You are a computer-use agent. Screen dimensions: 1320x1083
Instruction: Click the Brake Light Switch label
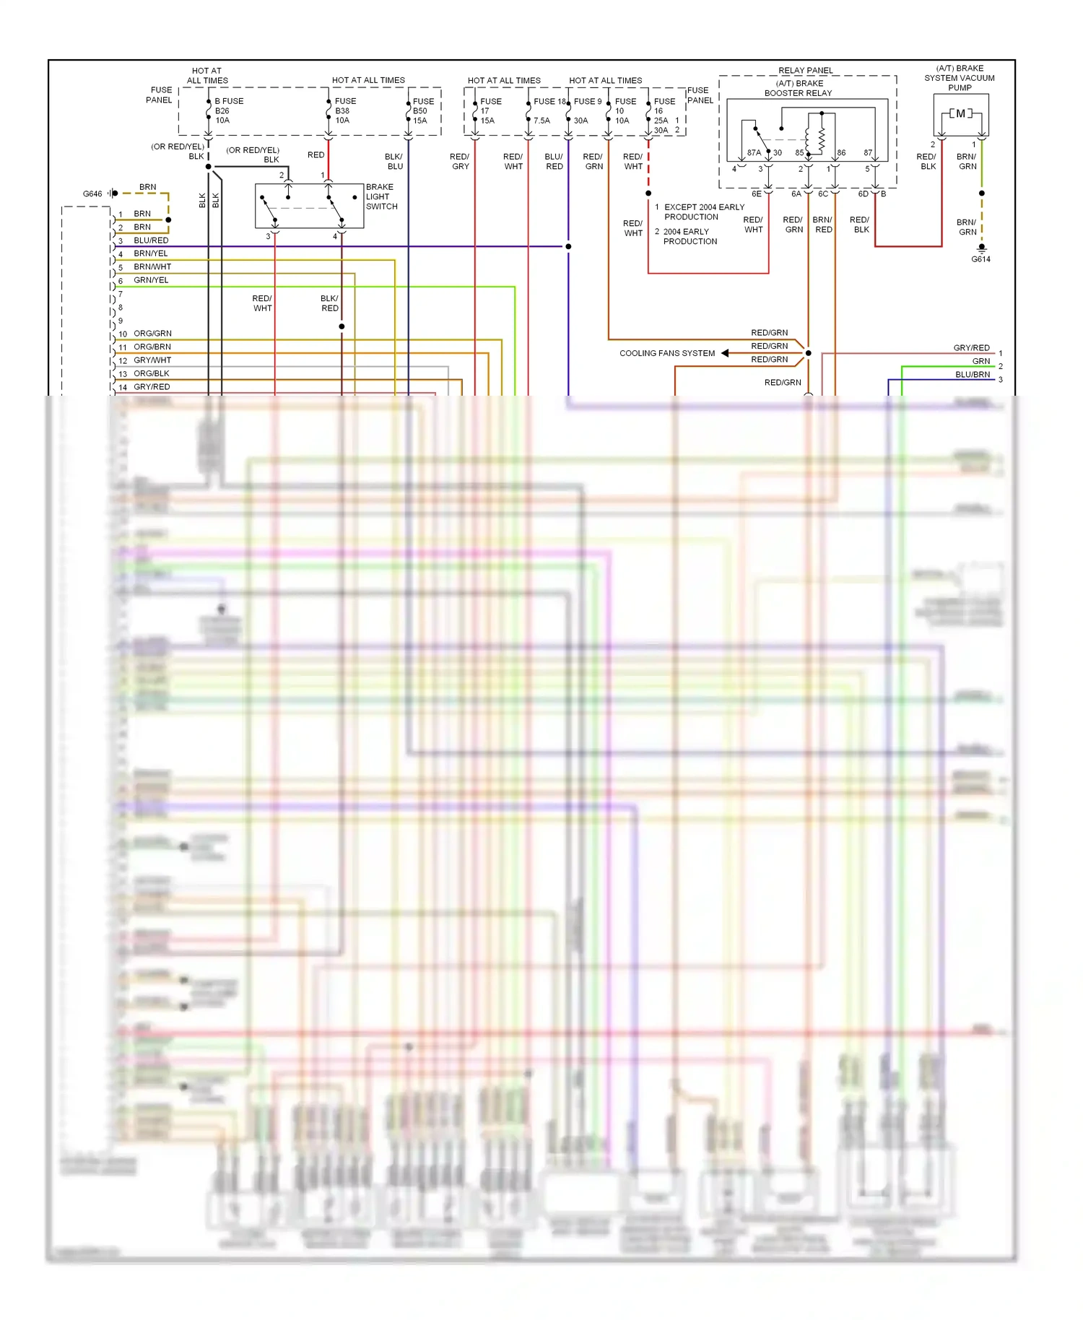[x=380, y=196]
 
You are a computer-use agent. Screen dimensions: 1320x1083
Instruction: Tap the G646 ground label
[x=92, y=194]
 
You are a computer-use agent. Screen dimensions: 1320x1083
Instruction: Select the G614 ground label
[x=980, y=259]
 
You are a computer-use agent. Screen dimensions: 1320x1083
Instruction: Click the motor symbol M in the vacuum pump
[x=960, y=113]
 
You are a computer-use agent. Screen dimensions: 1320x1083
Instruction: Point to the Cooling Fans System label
[x=667, y=353]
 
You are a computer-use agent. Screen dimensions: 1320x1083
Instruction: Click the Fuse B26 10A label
[x=228, y=110]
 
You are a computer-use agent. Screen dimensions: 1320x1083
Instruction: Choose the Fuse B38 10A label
[x=345, y=110]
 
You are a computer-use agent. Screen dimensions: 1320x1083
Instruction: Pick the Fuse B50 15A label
[x=423, y=110]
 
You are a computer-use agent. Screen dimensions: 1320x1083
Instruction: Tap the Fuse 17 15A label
[x=490, y=110]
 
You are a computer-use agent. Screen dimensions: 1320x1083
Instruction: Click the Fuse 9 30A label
[x=586, y=110]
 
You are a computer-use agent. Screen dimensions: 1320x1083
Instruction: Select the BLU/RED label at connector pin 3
[x=151, y=240]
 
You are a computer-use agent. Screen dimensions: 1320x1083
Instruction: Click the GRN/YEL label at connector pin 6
[x=151, y=280]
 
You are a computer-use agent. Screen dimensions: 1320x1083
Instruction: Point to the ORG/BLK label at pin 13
[x=152, y=373]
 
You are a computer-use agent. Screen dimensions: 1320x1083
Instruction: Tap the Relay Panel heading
[x=806, y=71]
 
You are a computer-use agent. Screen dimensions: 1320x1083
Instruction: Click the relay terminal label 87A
[x=754, y=152]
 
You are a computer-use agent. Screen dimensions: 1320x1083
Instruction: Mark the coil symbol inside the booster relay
[x=821, y=137]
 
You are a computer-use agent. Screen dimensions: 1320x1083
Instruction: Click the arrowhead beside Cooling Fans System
[x=725, y=353]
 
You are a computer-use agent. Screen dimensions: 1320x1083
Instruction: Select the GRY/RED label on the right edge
[x=971, y=348]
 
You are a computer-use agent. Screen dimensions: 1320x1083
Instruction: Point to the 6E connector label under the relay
[x=756, y=194]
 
